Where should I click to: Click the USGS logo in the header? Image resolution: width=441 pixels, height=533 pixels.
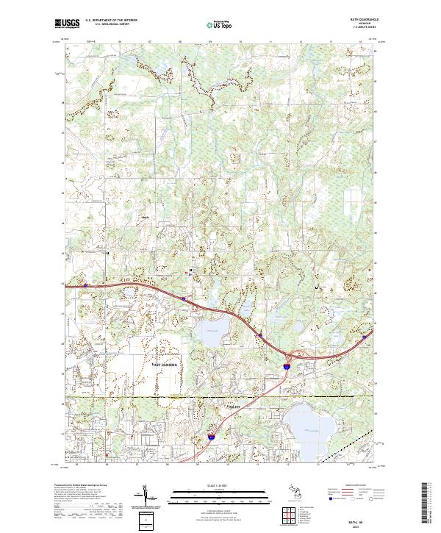click(66, 24)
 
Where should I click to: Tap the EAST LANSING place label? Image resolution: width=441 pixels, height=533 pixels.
click(169, 365)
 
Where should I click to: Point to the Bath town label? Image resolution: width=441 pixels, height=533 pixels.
click(145, 218)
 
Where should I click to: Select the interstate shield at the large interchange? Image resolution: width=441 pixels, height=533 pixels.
click(287, 363)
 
